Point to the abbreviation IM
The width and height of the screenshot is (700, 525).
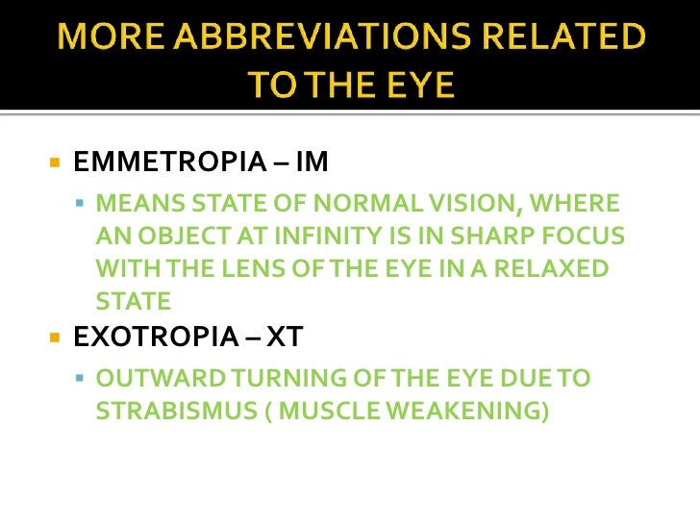pos(312,162)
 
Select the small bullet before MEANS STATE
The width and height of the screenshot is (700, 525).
pos(80,204)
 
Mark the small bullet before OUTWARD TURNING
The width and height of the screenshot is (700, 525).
pos(80,379)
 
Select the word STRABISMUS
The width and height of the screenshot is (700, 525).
pos(165,412)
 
